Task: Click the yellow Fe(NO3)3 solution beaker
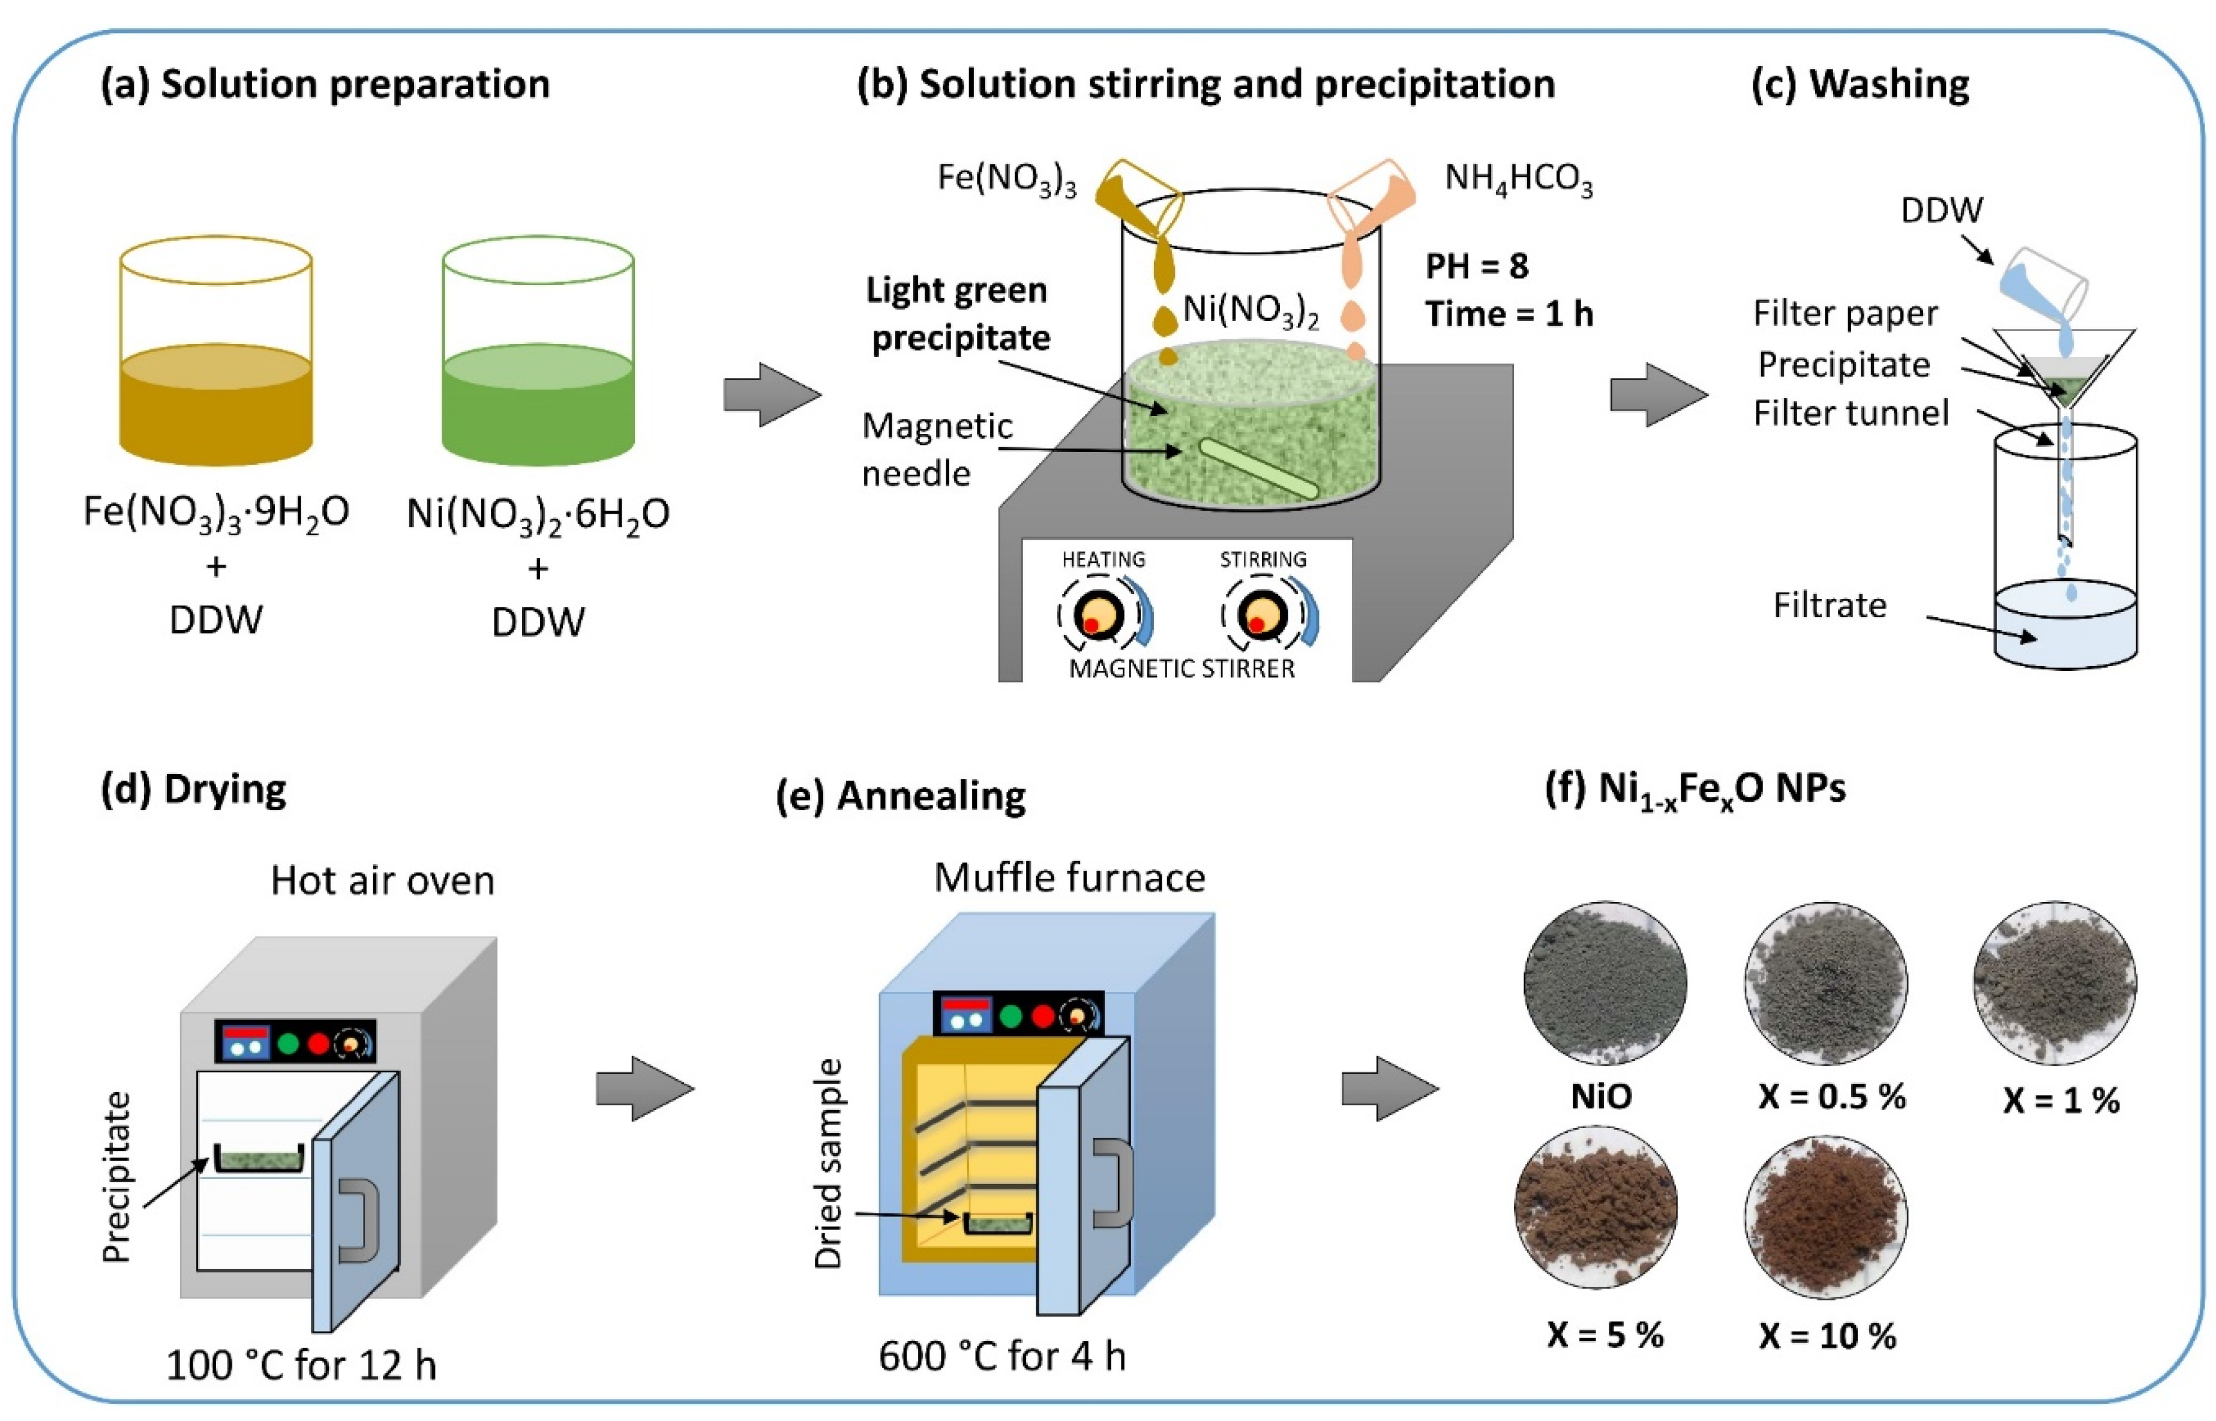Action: point(216,369)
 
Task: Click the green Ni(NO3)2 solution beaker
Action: point(538,369)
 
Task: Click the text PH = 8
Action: point(1476,266)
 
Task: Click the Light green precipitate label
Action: point(958,314)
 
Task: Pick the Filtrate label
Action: point(1830,605)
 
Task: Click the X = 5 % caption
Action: point(1605,1334)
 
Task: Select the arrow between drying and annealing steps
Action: point(644,1089)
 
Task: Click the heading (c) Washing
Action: point(1860,84)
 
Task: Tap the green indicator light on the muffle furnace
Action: point(1011,1016)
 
